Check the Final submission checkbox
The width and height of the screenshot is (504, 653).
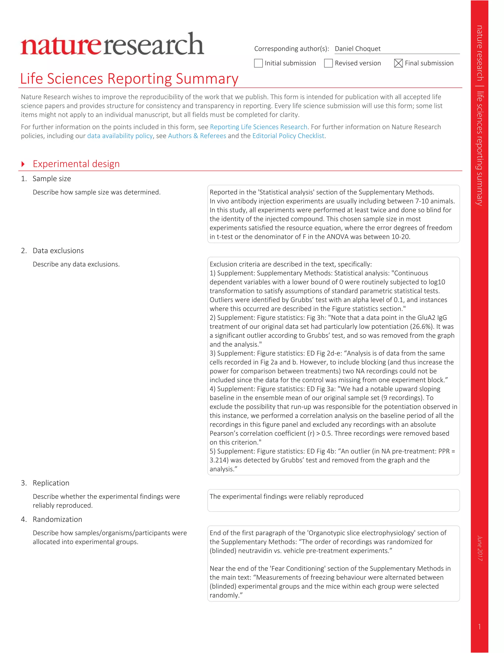coord(398,63)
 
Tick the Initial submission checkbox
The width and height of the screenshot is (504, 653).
coord(258,63)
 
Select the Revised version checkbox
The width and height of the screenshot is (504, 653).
coord(329,63)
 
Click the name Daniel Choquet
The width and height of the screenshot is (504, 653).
coord(357,49)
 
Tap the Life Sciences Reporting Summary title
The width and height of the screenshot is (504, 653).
coord(129,79)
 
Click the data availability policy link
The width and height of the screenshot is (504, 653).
coord(120,136)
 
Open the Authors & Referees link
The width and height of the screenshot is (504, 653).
coord(197,136)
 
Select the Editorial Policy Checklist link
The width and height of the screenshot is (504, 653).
coord(288,136)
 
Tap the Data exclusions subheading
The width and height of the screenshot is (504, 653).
coord(58,251)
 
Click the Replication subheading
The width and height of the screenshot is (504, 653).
coord(51,483)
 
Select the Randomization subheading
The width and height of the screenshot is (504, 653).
coord(57,519)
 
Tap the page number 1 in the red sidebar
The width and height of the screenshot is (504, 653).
coord(479,627)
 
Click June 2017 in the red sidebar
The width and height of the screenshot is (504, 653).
coord(480,548)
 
